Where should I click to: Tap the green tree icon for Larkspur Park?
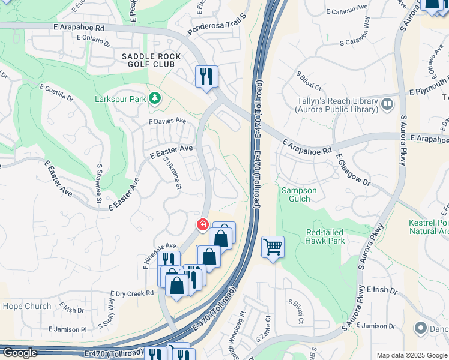(x=155, y=97)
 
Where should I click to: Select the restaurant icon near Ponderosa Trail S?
(x=206, y=76)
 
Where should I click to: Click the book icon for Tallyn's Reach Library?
(x=387, y=105)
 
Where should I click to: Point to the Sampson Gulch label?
(x=296, y=194)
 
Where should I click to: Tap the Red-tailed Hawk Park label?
(x=325, y=236)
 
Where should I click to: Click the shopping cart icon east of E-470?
(x=273, y=246)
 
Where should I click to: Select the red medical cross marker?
(x=203, y=225)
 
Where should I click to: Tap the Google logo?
(x=19, y=353)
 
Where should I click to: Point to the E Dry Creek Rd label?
(x=132, y=293)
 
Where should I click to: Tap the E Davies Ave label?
(x=167, y=121)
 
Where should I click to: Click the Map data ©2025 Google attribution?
(x=411, y=355)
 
